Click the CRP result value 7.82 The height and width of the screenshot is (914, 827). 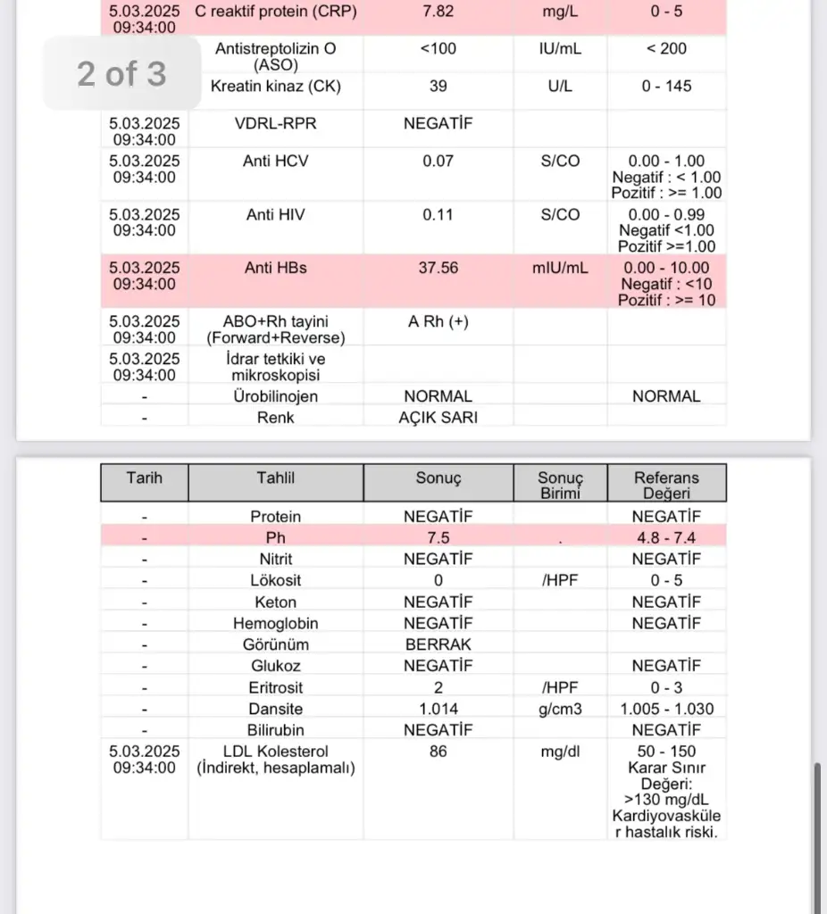438,11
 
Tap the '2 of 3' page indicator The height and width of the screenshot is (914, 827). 121,73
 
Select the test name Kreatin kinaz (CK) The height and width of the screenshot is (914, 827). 275,87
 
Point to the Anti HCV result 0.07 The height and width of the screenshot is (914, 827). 438,162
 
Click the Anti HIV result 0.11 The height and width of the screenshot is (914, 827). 438,215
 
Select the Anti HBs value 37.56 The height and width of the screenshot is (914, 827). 438,269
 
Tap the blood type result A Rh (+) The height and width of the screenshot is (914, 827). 438,322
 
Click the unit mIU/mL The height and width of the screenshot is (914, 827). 560,269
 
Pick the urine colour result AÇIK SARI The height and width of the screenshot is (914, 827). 438,417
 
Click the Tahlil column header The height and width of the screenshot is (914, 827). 275,478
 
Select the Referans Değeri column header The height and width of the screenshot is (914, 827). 666,485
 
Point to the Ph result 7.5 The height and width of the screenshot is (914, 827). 438,538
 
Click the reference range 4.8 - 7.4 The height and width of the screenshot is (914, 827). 666,538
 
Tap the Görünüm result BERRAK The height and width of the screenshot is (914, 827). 438,644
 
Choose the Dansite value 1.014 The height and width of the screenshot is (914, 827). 438,709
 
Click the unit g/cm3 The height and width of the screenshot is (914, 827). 560,709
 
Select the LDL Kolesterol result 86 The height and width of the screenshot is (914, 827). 438,752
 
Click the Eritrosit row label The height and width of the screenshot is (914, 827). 275,687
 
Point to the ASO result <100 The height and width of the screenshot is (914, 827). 438,49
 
